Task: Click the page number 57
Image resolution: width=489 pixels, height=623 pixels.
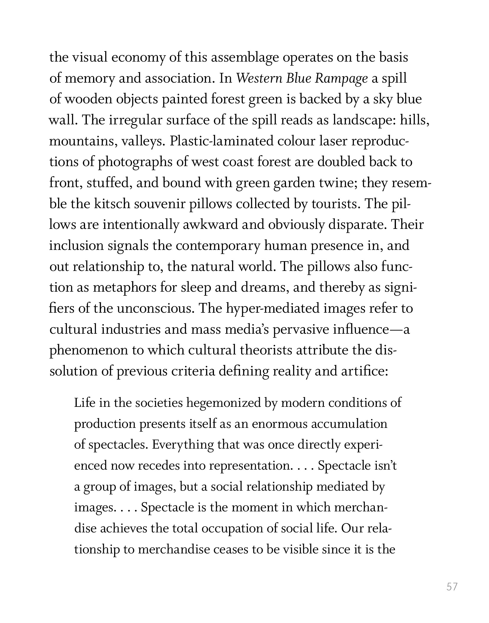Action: (x=452, y=586)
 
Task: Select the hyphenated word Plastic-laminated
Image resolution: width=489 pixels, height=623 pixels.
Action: (x=222, y=141)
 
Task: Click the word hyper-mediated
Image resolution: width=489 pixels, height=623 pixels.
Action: (x=272, y=309)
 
